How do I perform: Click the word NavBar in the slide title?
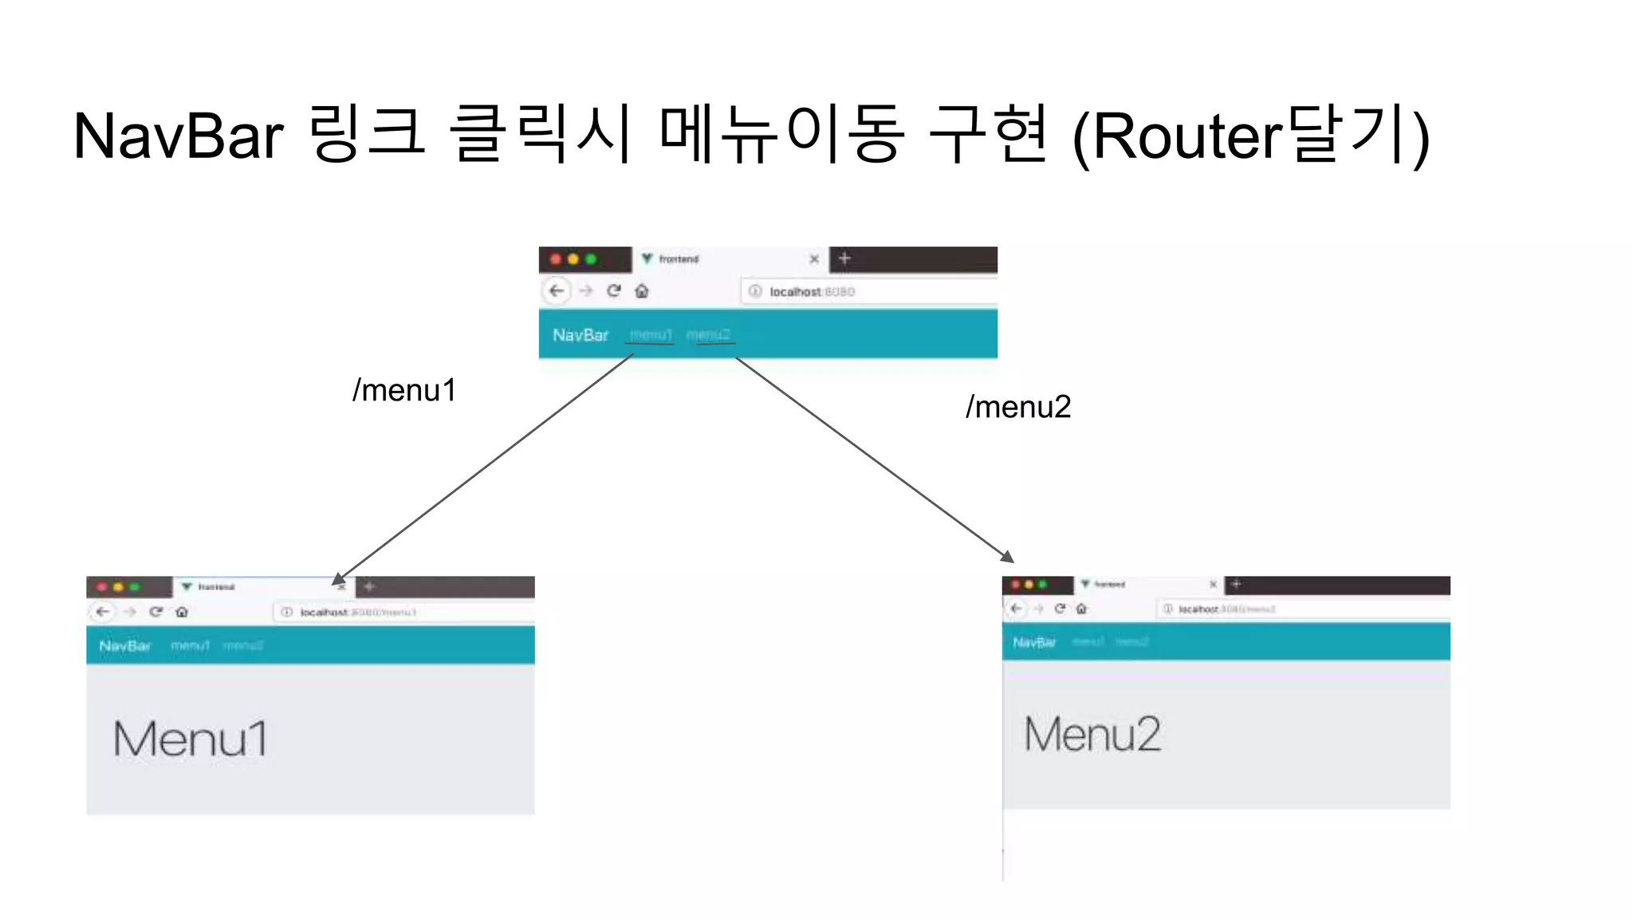click(178, 136)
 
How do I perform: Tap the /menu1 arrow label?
click(404, 391)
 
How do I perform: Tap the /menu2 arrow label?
click(1018, 408)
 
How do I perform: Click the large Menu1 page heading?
click(190, 739)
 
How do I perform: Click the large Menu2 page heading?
click(1092, 734)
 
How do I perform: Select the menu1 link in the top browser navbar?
click(651, 335)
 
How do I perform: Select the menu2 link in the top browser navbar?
click(708, 335)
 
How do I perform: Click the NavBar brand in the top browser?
click(580, 335)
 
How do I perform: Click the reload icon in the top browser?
click(613, 291)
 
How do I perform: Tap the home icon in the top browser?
click(642, 291)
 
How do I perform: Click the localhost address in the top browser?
click(812, 292)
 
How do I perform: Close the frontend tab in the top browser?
click(814, 259)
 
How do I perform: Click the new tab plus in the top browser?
click(845, 258)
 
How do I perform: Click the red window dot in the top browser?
click(556, 259)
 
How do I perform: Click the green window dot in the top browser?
click(591, 259)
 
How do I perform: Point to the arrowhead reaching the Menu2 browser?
click(1009, 557)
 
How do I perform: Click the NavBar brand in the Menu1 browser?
click(125, 646)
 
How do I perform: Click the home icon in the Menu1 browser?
click(182, 612)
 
